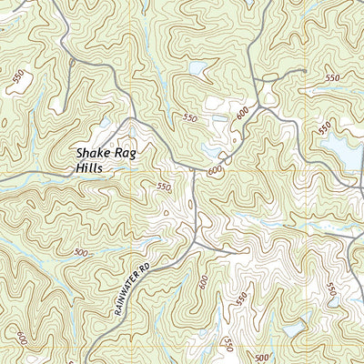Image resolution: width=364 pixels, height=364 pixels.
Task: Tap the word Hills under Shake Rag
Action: click(90, 169)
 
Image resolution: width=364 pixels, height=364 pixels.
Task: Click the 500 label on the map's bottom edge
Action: click(262, 357)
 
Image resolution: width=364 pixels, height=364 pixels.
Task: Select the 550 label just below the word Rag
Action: click(163, 187)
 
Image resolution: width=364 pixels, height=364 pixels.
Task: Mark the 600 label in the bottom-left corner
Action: click(20, 336)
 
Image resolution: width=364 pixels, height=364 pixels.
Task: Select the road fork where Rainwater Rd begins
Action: click(195, 244)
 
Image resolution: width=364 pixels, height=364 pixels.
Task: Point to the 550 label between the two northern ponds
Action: click(189, 118)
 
